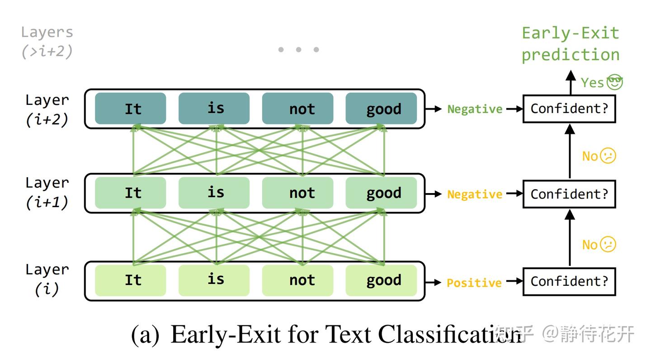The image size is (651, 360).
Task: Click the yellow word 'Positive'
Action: point(474,283)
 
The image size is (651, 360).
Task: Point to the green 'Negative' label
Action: point(475,109)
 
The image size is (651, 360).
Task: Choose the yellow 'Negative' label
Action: point(475,194)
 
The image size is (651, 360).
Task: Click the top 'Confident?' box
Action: point(569,109)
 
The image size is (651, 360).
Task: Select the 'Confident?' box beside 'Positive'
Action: point(569,281)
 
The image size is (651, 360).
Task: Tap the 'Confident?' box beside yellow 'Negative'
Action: point(569,194)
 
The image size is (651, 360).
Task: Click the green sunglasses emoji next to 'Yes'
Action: point(615,82)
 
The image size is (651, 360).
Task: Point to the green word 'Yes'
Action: point(592,83)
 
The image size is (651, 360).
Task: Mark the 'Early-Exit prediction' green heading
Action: point(570,44)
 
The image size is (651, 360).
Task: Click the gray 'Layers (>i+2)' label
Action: point(47,42)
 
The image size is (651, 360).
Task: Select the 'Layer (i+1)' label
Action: point(47,193)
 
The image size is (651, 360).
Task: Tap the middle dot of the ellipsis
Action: point(298,49)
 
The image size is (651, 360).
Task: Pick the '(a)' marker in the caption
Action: point(145,335)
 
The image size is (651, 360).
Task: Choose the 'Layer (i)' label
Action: point(47,279)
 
